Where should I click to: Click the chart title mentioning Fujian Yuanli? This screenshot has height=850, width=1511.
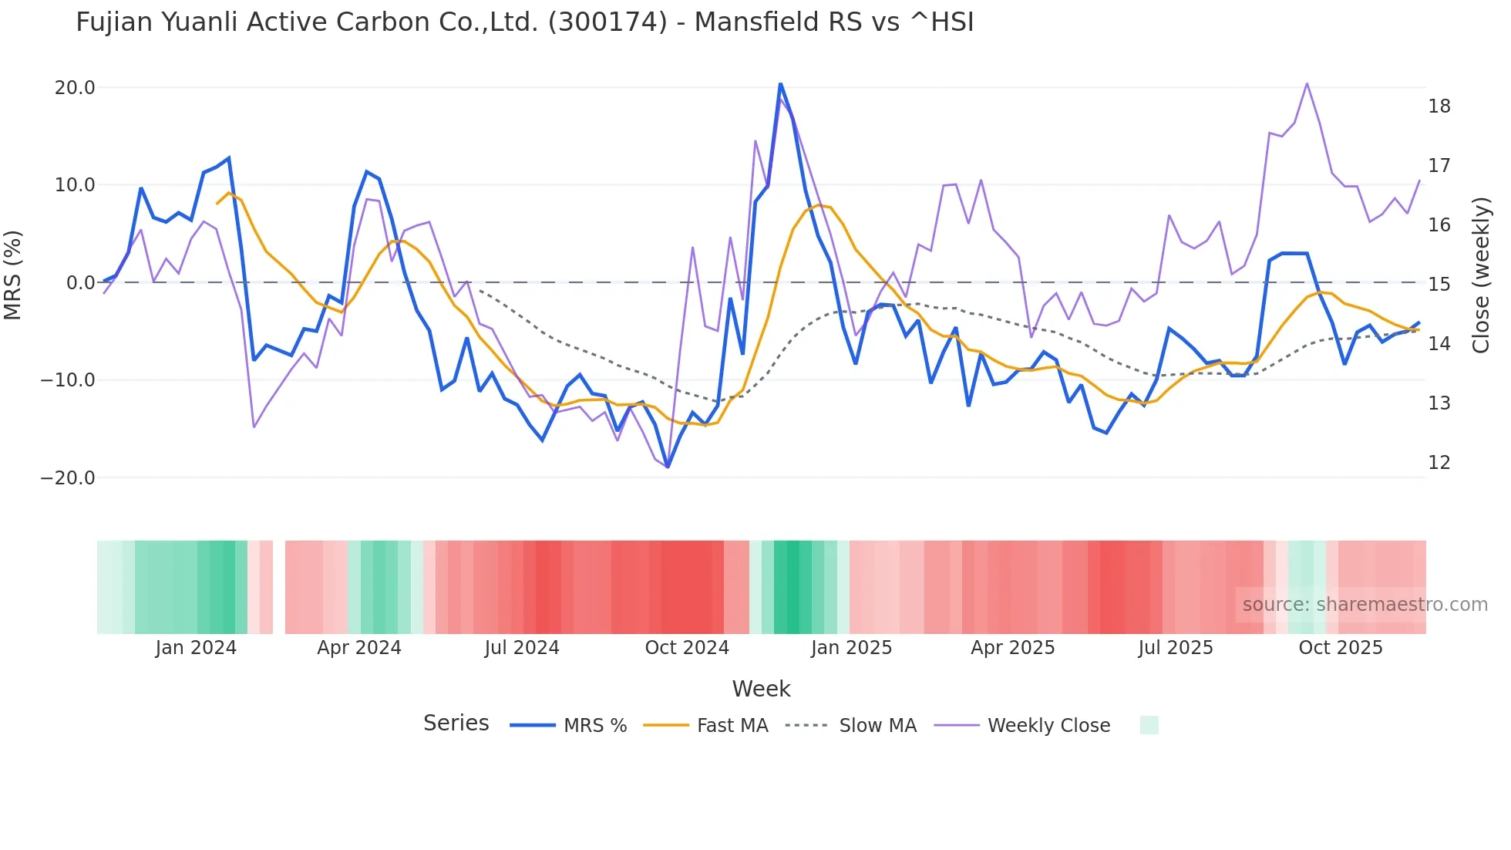(x=524, y=22)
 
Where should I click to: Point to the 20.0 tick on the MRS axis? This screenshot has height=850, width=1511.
(x=75, y=88)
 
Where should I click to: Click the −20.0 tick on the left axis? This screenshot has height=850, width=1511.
(x=68, y=478)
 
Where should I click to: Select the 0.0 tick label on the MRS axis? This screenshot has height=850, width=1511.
(x=80, y=283)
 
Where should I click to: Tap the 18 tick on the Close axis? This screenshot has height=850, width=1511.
(x=1439, y=106)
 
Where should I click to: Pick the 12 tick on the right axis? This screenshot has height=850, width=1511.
(x=1439, y=463)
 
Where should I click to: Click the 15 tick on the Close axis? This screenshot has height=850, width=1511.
(x=1439, y=285)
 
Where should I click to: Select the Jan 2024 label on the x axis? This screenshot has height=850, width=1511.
(x=196, y=648)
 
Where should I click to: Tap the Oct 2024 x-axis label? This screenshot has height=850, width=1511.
(x=687, y=648)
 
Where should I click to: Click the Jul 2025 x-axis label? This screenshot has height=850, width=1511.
(x=1175, y=648)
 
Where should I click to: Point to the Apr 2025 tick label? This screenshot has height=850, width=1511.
(x=1012, y=648)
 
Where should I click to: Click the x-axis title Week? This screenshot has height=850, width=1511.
(x=761, y=689)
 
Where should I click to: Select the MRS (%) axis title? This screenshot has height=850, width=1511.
(x=13, y=275)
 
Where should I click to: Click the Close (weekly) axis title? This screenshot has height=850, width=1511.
(x=1480, y=275)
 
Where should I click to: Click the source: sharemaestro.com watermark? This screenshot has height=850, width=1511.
(x=1365, y=605)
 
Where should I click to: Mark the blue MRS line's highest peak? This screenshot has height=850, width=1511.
(x=780, y=83)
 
